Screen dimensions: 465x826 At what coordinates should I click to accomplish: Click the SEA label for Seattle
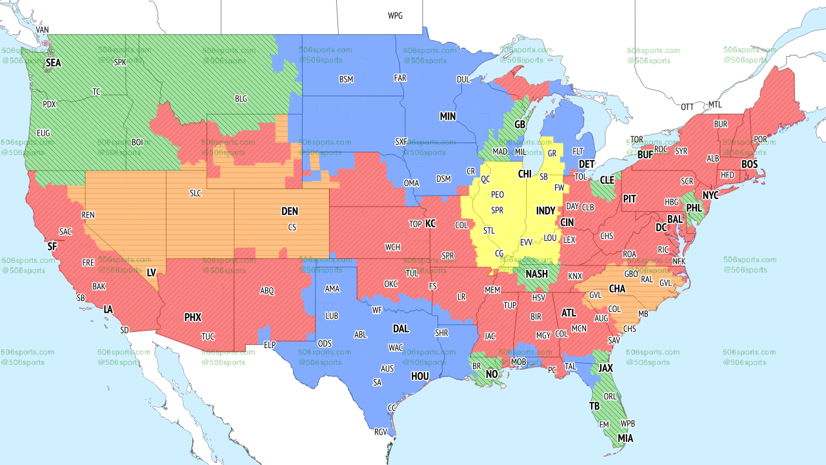pyautogui.click(x=54, y=63)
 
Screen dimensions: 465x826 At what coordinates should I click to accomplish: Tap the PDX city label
pyautogui.click(x=49, y=104)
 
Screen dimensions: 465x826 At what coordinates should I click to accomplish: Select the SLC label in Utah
pyautogui.click(x=196, y=193)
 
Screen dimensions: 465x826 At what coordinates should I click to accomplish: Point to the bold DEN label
pyautogui.click(x=290, y=211)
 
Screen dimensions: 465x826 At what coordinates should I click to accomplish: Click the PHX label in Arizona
pyautogui.click(x=192, y=317)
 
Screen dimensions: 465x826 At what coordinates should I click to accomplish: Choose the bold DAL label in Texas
pyautogui.click(x=401, y=329)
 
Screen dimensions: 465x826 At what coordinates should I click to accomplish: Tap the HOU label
pyautogui.click(x=420, y=376)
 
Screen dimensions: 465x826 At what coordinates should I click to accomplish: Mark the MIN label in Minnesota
pyautogui.click(x=448, y=117)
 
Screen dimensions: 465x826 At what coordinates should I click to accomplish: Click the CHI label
pyautogui.click(x=525, y=174)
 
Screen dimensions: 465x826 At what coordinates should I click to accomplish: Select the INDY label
pyautogui.click(x=545, y=211)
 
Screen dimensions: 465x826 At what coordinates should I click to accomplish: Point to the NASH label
pyautogui.click(x=536, y=274)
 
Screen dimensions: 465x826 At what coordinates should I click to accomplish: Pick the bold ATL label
pyautogui.click(x=569, y=313)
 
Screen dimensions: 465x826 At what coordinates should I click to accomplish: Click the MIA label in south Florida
pyautogui.click(x=625, y=439)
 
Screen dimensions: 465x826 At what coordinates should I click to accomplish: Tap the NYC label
pyautogui.click(x=710, y=195)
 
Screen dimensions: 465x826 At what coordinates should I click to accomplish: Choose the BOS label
pyautogui.click(x=749, y=165)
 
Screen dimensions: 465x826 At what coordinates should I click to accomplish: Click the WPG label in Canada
pyautogui.click(x=395, y=15)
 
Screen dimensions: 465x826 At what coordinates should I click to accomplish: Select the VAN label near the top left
pyautogui.click(x=43, y=30)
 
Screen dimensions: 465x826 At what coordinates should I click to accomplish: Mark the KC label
pyautogui.click(x=430, y=223)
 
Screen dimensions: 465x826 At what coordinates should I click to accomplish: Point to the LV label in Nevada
pyautogui.click(x=152, y=273)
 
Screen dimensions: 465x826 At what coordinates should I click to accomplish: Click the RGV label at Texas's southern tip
pyautogui.click(x=380, y=432)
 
